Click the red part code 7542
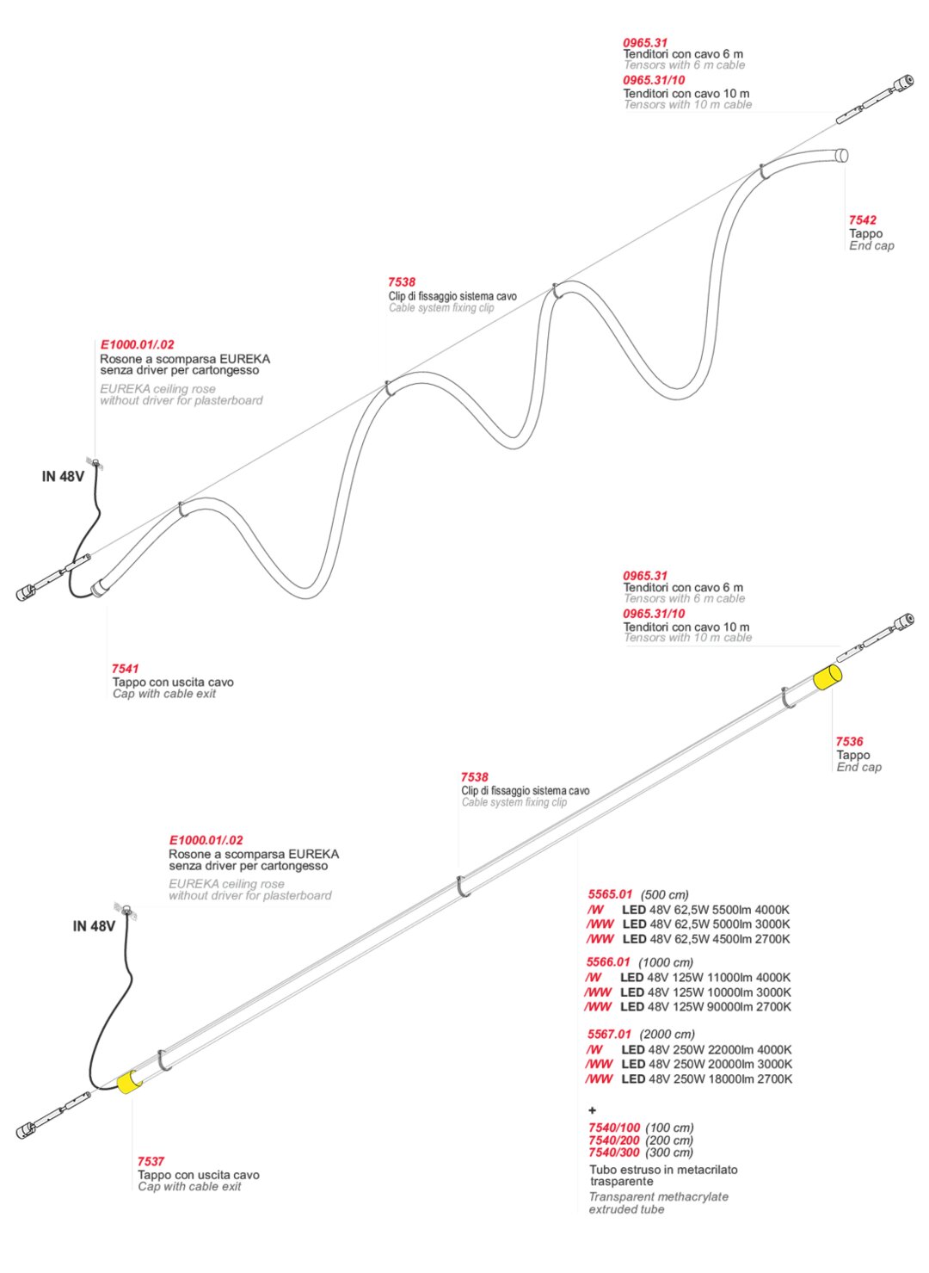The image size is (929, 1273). tap(862, 220)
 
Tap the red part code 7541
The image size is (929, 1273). tap(125, 669)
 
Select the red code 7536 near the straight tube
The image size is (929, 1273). tap(849, 742)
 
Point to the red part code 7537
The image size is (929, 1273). tap(151, 1162)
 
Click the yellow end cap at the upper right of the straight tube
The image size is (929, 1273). tap(827, 677)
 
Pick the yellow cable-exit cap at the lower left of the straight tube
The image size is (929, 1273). tap(127, 1083)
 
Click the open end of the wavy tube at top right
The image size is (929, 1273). tap(842, 155)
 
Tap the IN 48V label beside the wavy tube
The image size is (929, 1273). tap(63, 477)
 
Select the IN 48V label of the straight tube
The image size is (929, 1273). tap(94, 927)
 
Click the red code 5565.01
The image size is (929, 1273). tap(610, 895)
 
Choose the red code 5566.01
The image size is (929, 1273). tap(608, 962)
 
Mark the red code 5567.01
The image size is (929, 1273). tap(609, 1035)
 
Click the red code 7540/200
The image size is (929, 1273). tap(614, 1140)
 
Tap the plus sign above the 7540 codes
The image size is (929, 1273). tap(592, 1110)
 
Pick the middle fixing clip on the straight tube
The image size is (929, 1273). tap(462, 887)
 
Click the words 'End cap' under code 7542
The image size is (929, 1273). tap(871, 246)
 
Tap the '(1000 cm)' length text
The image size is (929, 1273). tap(665, 963)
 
